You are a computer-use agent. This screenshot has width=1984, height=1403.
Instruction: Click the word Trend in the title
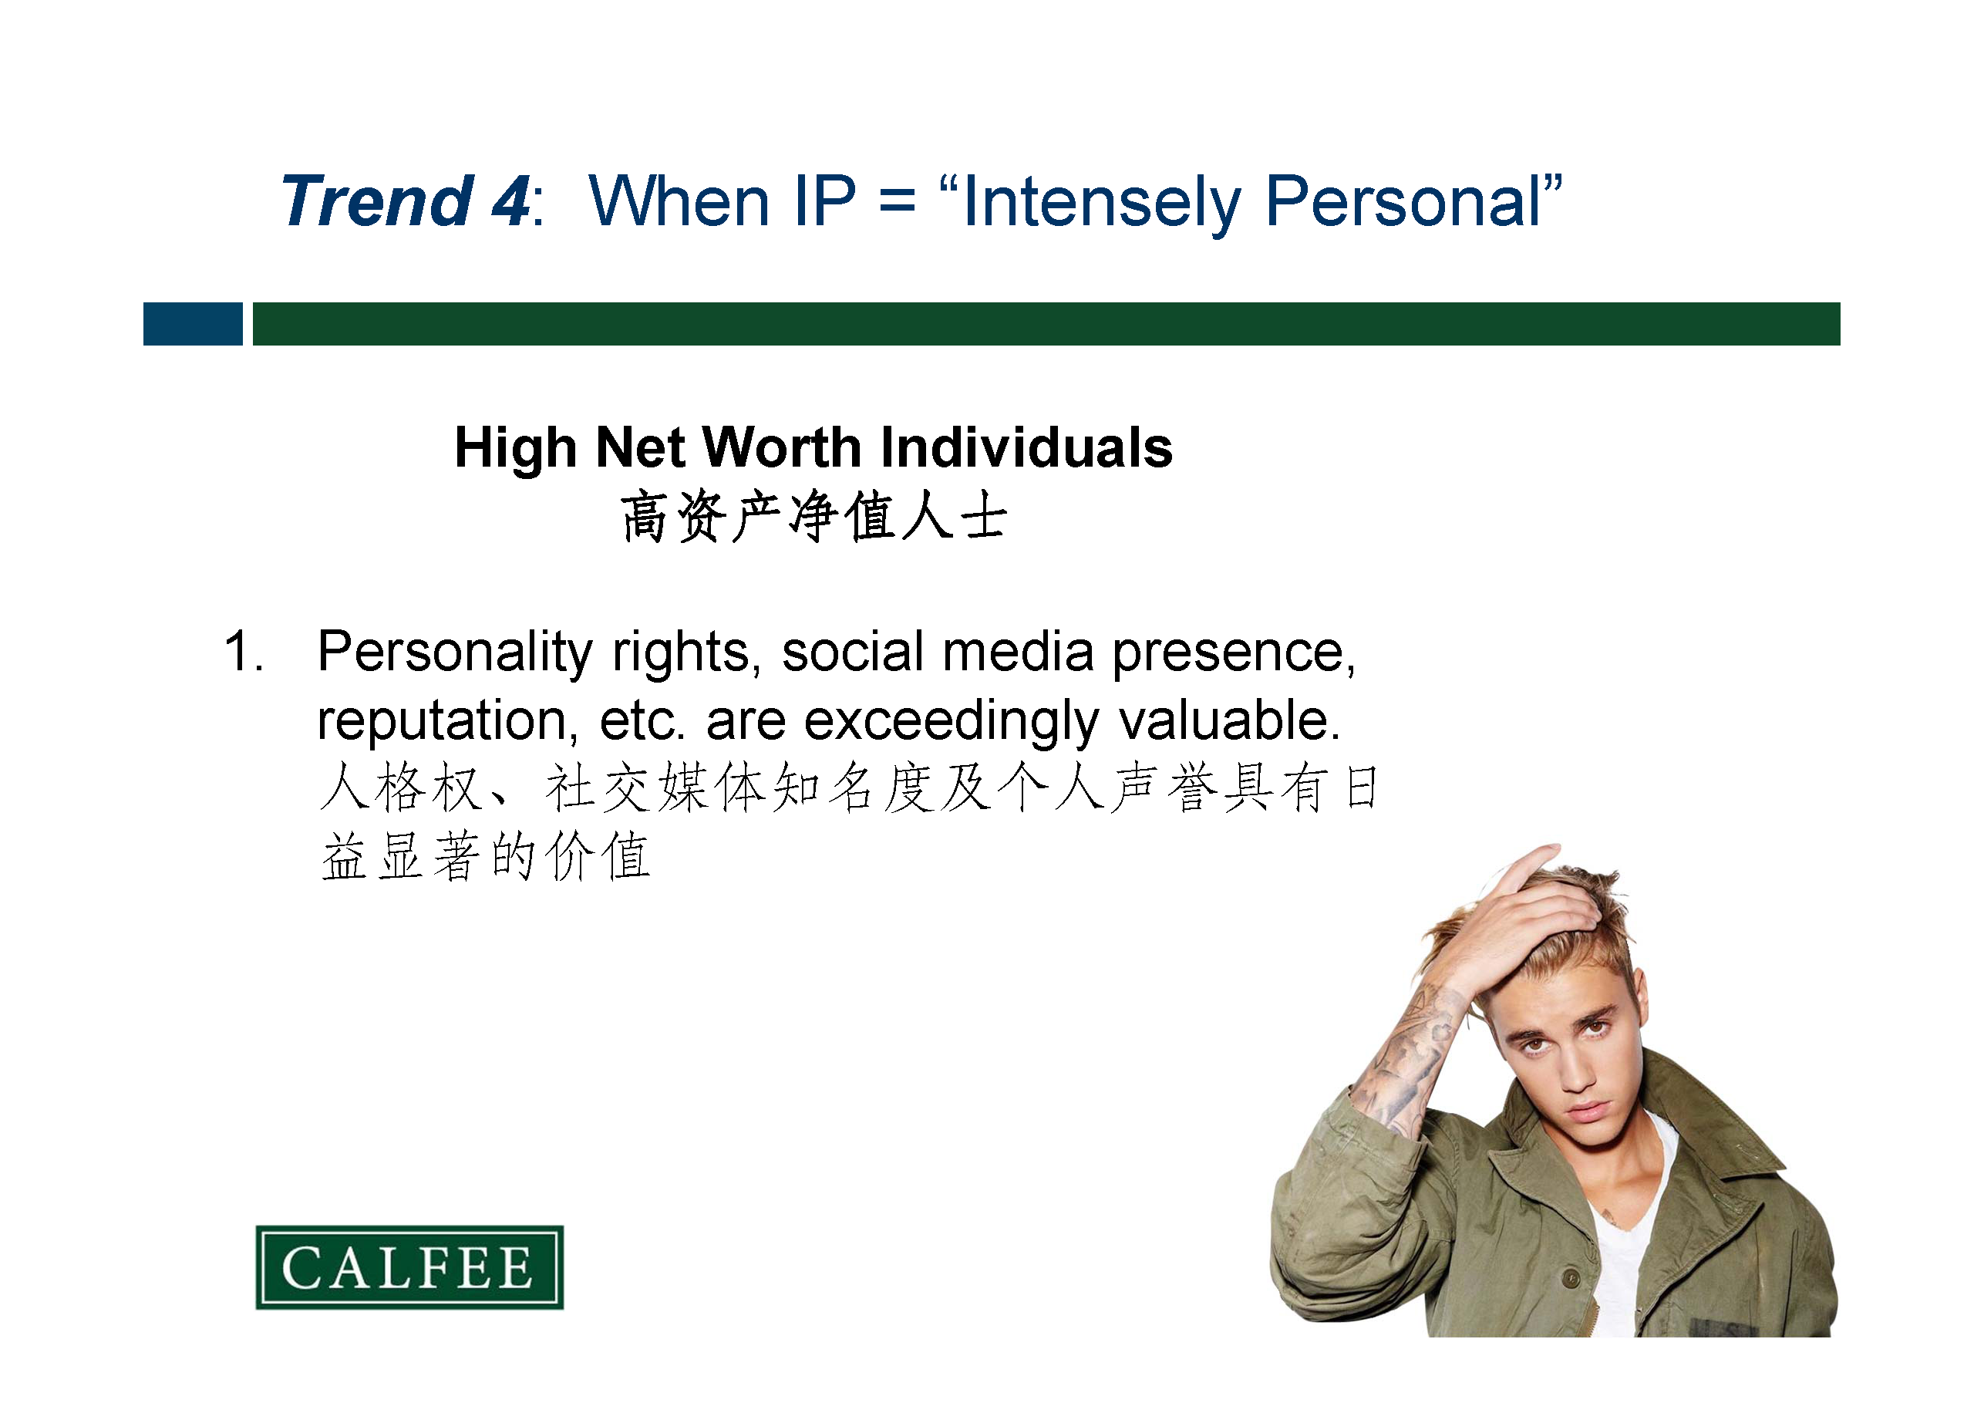(377, 201)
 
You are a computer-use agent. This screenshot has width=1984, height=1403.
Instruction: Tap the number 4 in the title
(511, 201)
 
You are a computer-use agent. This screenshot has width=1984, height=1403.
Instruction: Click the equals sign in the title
(897, 202)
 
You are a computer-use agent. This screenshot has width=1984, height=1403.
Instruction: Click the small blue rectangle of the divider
(193, 324)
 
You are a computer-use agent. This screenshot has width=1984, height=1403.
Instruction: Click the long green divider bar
(1046, 324)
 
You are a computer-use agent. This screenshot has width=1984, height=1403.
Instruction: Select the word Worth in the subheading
(782, 448)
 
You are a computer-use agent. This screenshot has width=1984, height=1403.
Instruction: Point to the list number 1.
(242, 651)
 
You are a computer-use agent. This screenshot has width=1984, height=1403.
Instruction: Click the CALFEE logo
(409, 1267)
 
